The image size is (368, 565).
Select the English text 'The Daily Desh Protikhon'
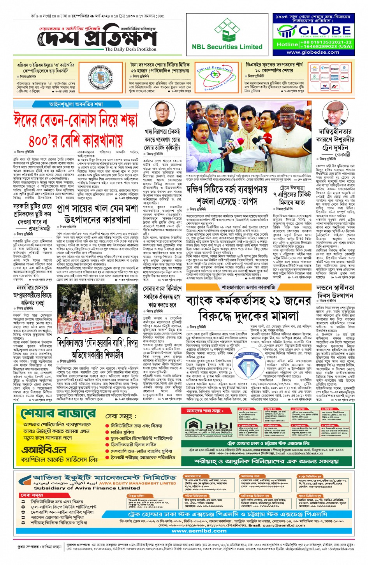click(x=130, y=49)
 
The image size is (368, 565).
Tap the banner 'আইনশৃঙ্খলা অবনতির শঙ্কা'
click(x=76, y=104)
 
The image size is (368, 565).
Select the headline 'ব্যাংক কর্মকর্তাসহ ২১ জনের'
click(x=248, y=301)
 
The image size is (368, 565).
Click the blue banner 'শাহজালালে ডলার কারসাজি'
click(x=248, y=287)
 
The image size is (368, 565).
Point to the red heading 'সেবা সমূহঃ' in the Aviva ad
click(x=32, y=495)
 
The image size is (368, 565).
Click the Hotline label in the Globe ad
click(x=287, y=44)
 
